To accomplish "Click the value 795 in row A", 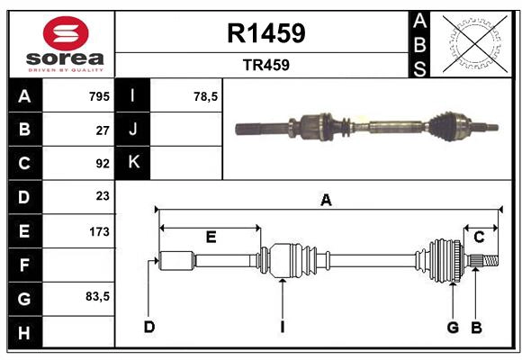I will click(x=98, y=96).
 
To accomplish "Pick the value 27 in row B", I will click(x=102, y=130).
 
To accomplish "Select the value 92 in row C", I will click(x=102, y=164).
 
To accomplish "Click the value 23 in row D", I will click(x=102, y=196).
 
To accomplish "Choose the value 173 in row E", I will click(x=98, y=231).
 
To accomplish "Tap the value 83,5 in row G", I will click(x=96, y=296).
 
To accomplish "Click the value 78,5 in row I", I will click(x=206, y=96).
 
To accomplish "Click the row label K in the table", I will click(x=133, y=162).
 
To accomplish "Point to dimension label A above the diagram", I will click(x=326, y=201).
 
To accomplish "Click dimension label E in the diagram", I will click(x=211, y=237).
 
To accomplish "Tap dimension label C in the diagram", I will click(x=479, y=237).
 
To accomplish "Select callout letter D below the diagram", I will click(x=148, y=326).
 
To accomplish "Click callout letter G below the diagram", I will click(x=453, y=326).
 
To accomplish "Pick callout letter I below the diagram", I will click(x=282, y=326).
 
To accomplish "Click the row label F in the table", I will click(x=24, y=265).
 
